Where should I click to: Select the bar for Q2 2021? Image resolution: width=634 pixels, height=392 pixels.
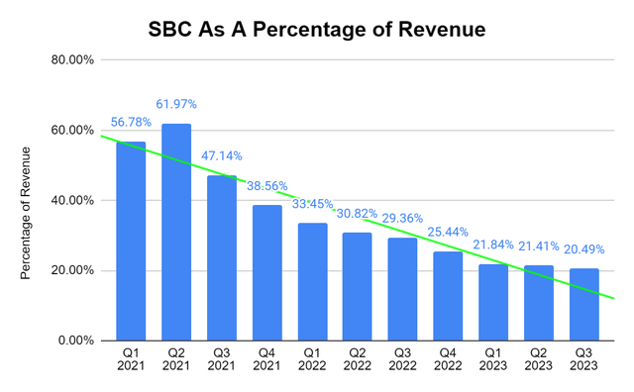click(175, 232)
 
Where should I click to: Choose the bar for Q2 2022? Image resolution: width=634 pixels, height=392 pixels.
click(358, 286)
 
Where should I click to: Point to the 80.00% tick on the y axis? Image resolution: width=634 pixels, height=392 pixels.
click(72, 60)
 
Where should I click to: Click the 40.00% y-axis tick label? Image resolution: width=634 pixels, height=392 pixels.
click(72, 200)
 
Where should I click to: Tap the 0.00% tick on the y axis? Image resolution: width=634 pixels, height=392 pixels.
click(75, 341)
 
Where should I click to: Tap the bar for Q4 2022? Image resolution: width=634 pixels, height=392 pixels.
click(449, 296)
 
